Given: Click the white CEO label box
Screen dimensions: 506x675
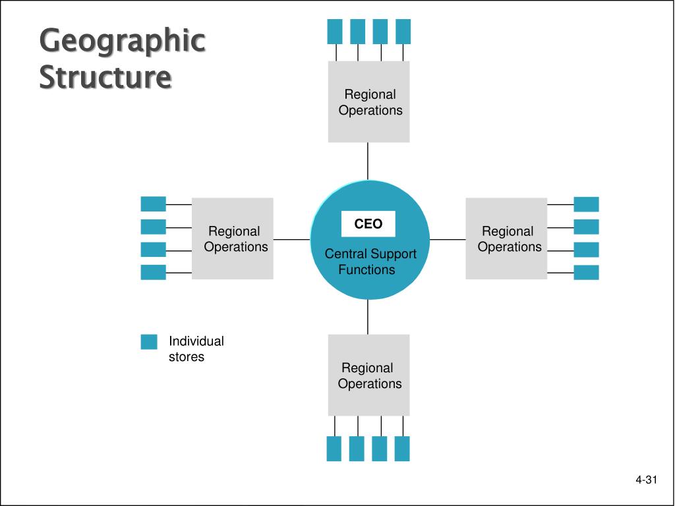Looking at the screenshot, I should (368, 224).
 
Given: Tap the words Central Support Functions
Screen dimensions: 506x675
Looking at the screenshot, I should (370, 262).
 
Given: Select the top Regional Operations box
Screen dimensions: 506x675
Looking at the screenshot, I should (368, 102).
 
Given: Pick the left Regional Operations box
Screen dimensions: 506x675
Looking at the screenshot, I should (232, 239).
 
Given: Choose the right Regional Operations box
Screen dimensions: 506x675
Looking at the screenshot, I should (506, 239).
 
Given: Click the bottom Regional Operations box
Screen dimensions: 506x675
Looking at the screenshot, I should (368, 375).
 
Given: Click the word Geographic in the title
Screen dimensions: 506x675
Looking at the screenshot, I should (122, 42).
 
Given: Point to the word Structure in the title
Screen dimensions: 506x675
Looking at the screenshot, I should (105, 76).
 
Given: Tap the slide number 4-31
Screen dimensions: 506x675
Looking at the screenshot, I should (646, 480).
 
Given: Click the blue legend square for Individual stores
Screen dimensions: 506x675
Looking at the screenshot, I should (149, 342).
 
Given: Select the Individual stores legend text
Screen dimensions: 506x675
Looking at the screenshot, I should (196, 349).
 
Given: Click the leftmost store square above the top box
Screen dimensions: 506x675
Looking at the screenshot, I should (335, 32).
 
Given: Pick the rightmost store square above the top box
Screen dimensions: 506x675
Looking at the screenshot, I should (403, 32).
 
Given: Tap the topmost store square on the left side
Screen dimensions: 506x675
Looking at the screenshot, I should (153, 204).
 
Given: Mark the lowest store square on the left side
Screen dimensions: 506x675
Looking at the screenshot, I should (153, 272).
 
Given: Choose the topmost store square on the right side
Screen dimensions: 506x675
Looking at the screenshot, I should (586, 204).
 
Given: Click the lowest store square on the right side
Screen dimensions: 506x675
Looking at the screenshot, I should (586, 272).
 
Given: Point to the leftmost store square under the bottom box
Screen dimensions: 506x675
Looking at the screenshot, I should (334, 449).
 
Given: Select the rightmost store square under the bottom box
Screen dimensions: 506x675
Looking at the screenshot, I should (402, 449).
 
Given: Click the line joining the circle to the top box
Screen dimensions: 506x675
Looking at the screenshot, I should (368, 161).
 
